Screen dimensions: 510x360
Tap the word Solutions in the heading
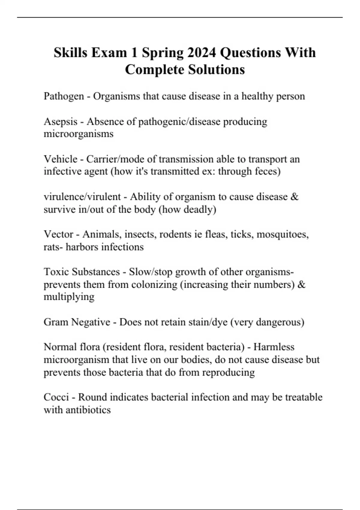(216, 70)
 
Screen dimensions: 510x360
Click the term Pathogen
(64, 96)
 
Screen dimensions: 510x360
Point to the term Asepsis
(60, 122)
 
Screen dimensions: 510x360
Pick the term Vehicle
(60, 159)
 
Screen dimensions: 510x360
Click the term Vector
(58, 234)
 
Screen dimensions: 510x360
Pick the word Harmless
(274, 347)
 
